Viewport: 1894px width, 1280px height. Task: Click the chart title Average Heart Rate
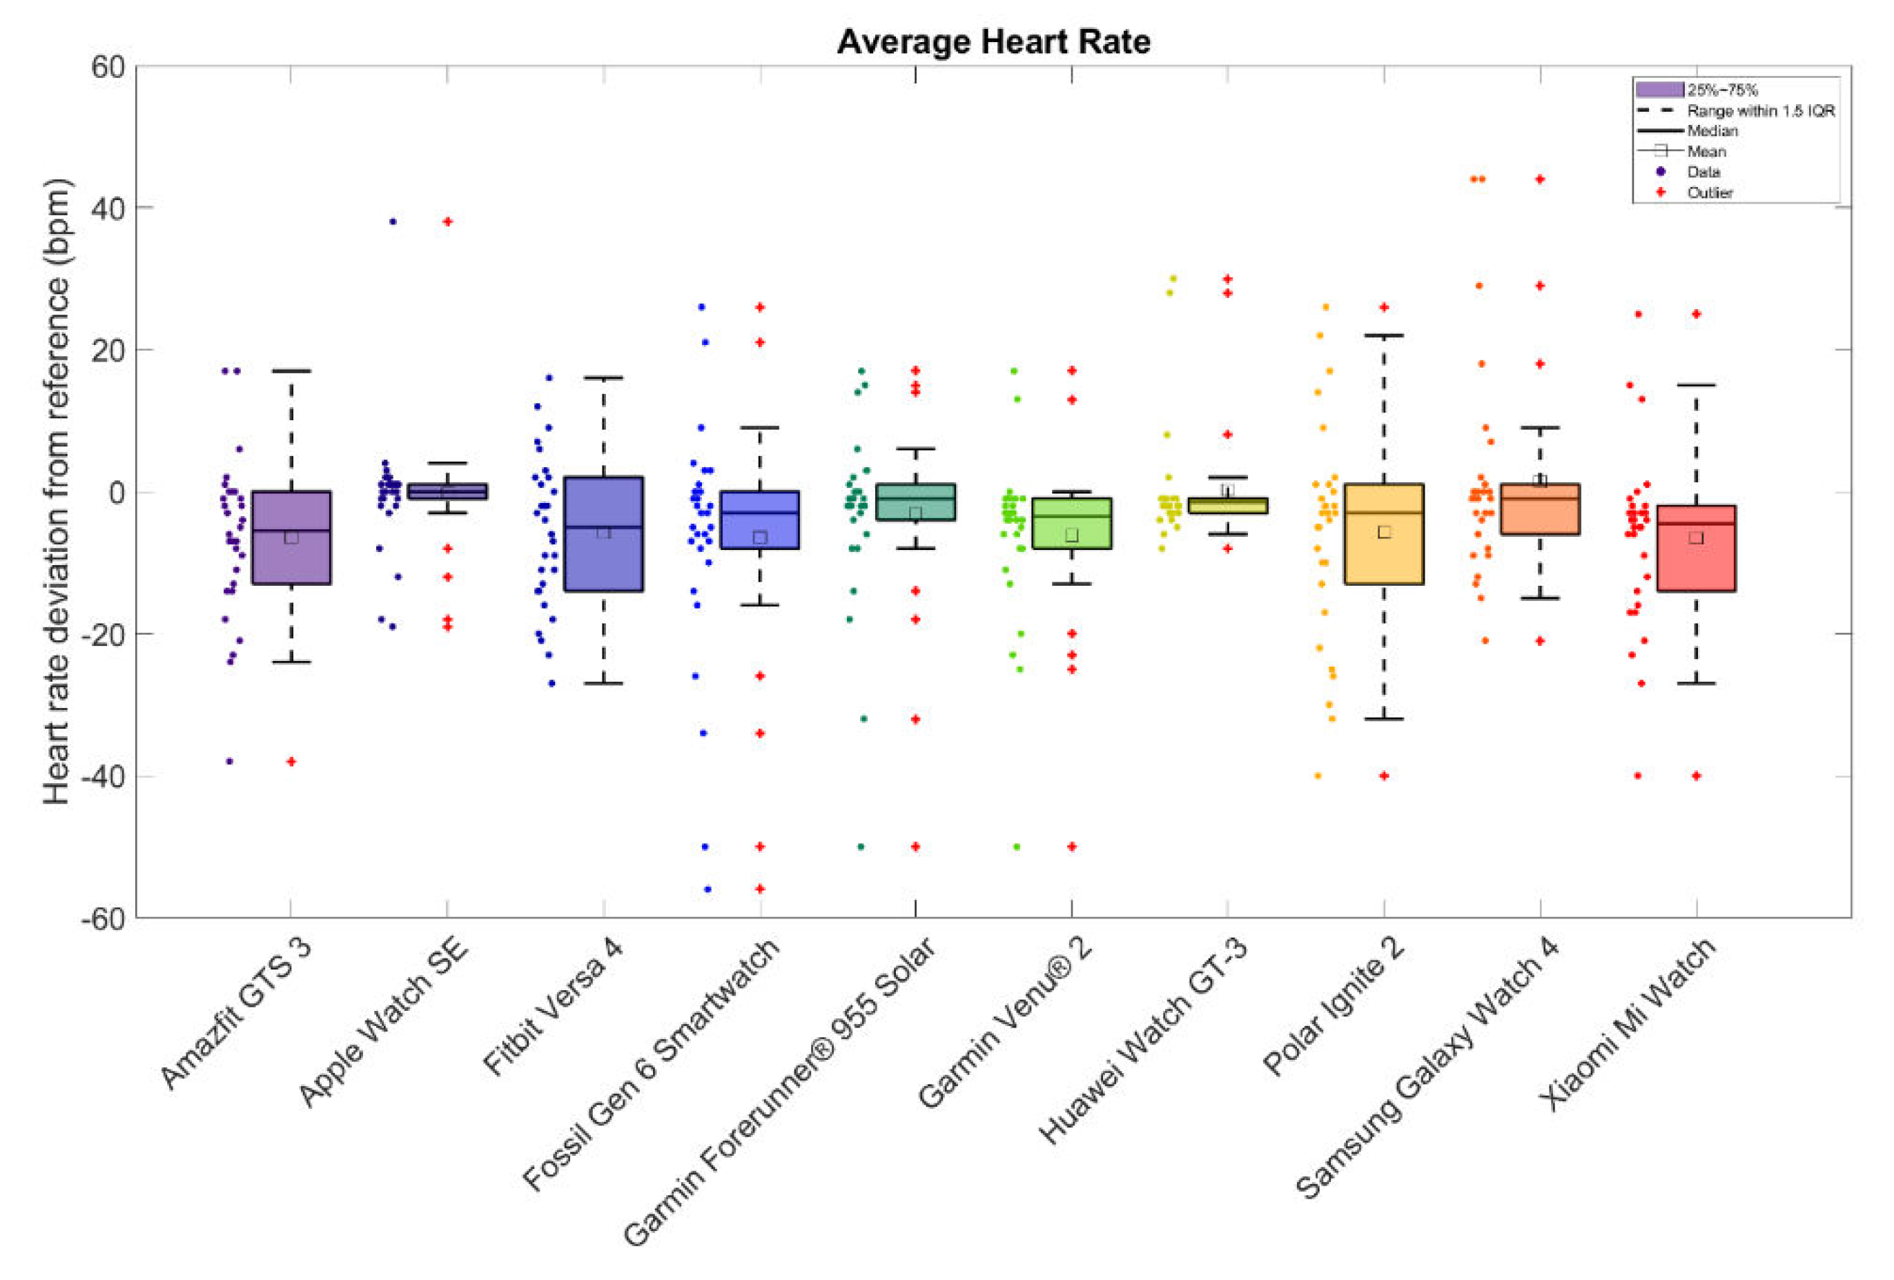click(x=993, y=41)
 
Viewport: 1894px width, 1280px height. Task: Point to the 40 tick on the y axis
click(x=107, y=208)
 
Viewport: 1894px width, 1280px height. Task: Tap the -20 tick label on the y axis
click(x=103, y=635)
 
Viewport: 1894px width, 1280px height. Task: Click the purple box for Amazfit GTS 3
click(x=291, y=537)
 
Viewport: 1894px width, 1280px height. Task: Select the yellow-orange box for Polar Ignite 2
click(x=1384, y=533)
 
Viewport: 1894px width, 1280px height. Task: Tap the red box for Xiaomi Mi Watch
click(x=1696, y=547)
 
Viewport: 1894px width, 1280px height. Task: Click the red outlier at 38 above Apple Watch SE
click(x=447, y=221)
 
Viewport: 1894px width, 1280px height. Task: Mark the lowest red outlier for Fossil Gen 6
click(x=759, y=889)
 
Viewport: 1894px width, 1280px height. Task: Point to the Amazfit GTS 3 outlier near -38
click(x=291, y=762)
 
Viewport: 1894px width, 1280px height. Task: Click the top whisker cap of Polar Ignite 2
click(x=1384, y=335)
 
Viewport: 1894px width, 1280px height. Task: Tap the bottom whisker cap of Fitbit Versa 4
click(x=604, y=682)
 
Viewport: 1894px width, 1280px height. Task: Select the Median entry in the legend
click(x=1712, y=130)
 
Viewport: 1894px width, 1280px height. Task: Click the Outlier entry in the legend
click(x=1709, y=193)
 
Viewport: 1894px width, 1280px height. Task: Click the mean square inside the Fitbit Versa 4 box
click(x=604, y=532)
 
